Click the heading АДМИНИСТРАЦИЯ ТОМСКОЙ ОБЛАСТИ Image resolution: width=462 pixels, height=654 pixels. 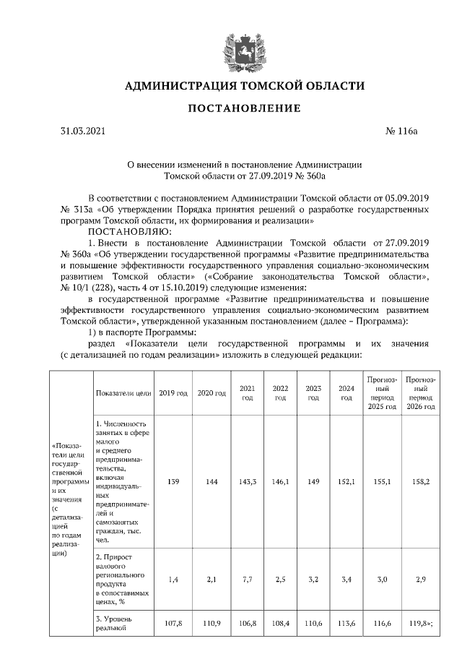(245, 86)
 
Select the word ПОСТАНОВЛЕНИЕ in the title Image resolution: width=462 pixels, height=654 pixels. (245, 108)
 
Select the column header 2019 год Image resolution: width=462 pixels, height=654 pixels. (173, 393)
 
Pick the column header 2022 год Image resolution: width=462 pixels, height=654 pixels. (280, 393)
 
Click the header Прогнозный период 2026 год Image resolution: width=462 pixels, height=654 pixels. (419, 393)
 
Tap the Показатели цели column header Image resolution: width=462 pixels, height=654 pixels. (122, 393)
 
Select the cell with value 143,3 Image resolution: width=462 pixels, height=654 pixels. (247, 481)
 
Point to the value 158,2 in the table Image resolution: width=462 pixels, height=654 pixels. (419, 481)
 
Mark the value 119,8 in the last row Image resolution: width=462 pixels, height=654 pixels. (419, 621)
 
